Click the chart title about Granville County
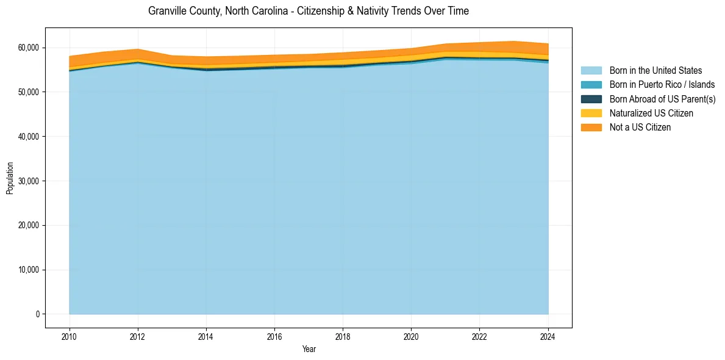(x=309, y=11)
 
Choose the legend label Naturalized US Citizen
(x=651, y=113)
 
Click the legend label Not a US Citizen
(x=640, y=128)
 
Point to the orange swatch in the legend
(x=591, y=128)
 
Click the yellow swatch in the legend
(x=591, y=113)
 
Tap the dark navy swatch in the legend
(x=591, y=99)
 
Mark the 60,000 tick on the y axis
(x=29, y=48)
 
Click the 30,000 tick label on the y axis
(x=29, y=181)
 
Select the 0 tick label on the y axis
(x=37, y=314)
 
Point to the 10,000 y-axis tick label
(x=29, y=270)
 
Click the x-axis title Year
(x=309, y=349)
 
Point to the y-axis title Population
(x=10, y=178)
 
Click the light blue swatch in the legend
(x=591, y=71)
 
